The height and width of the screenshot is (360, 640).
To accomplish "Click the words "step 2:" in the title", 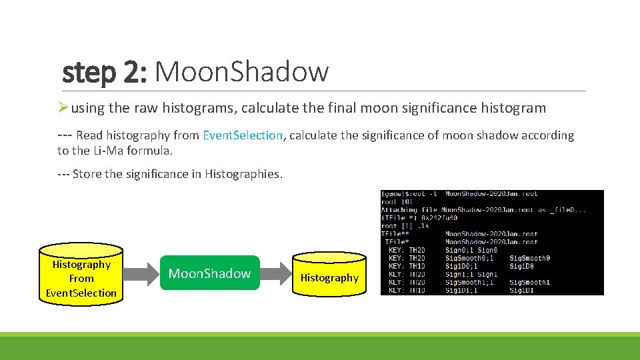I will pyautogui.click(x=104, y=72).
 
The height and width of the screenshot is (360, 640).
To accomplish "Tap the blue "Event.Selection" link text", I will pyautogui.click(x=243, y=135).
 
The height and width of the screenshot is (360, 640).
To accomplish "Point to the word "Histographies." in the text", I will pyautogui.click(x=244, y=174).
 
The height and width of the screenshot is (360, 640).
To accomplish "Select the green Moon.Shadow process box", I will pyautogui.click(x=209, y=273).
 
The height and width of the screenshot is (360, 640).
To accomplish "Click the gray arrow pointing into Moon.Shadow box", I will pyautogui.click(x=143, y=273).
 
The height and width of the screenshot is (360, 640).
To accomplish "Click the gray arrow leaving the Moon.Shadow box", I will pyautogui.click(x=276, y=273).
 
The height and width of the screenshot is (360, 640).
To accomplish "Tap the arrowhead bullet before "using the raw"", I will pyautogui.click(x=63, y=107).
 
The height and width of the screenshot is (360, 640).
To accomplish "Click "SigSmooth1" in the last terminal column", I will pyautogui.click(x=530, y=282).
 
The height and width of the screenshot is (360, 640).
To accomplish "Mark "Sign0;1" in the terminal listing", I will pyautogui.click(x=459, y=250).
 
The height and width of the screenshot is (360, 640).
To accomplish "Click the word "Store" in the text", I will pyautogui.click(x=87, y=174).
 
